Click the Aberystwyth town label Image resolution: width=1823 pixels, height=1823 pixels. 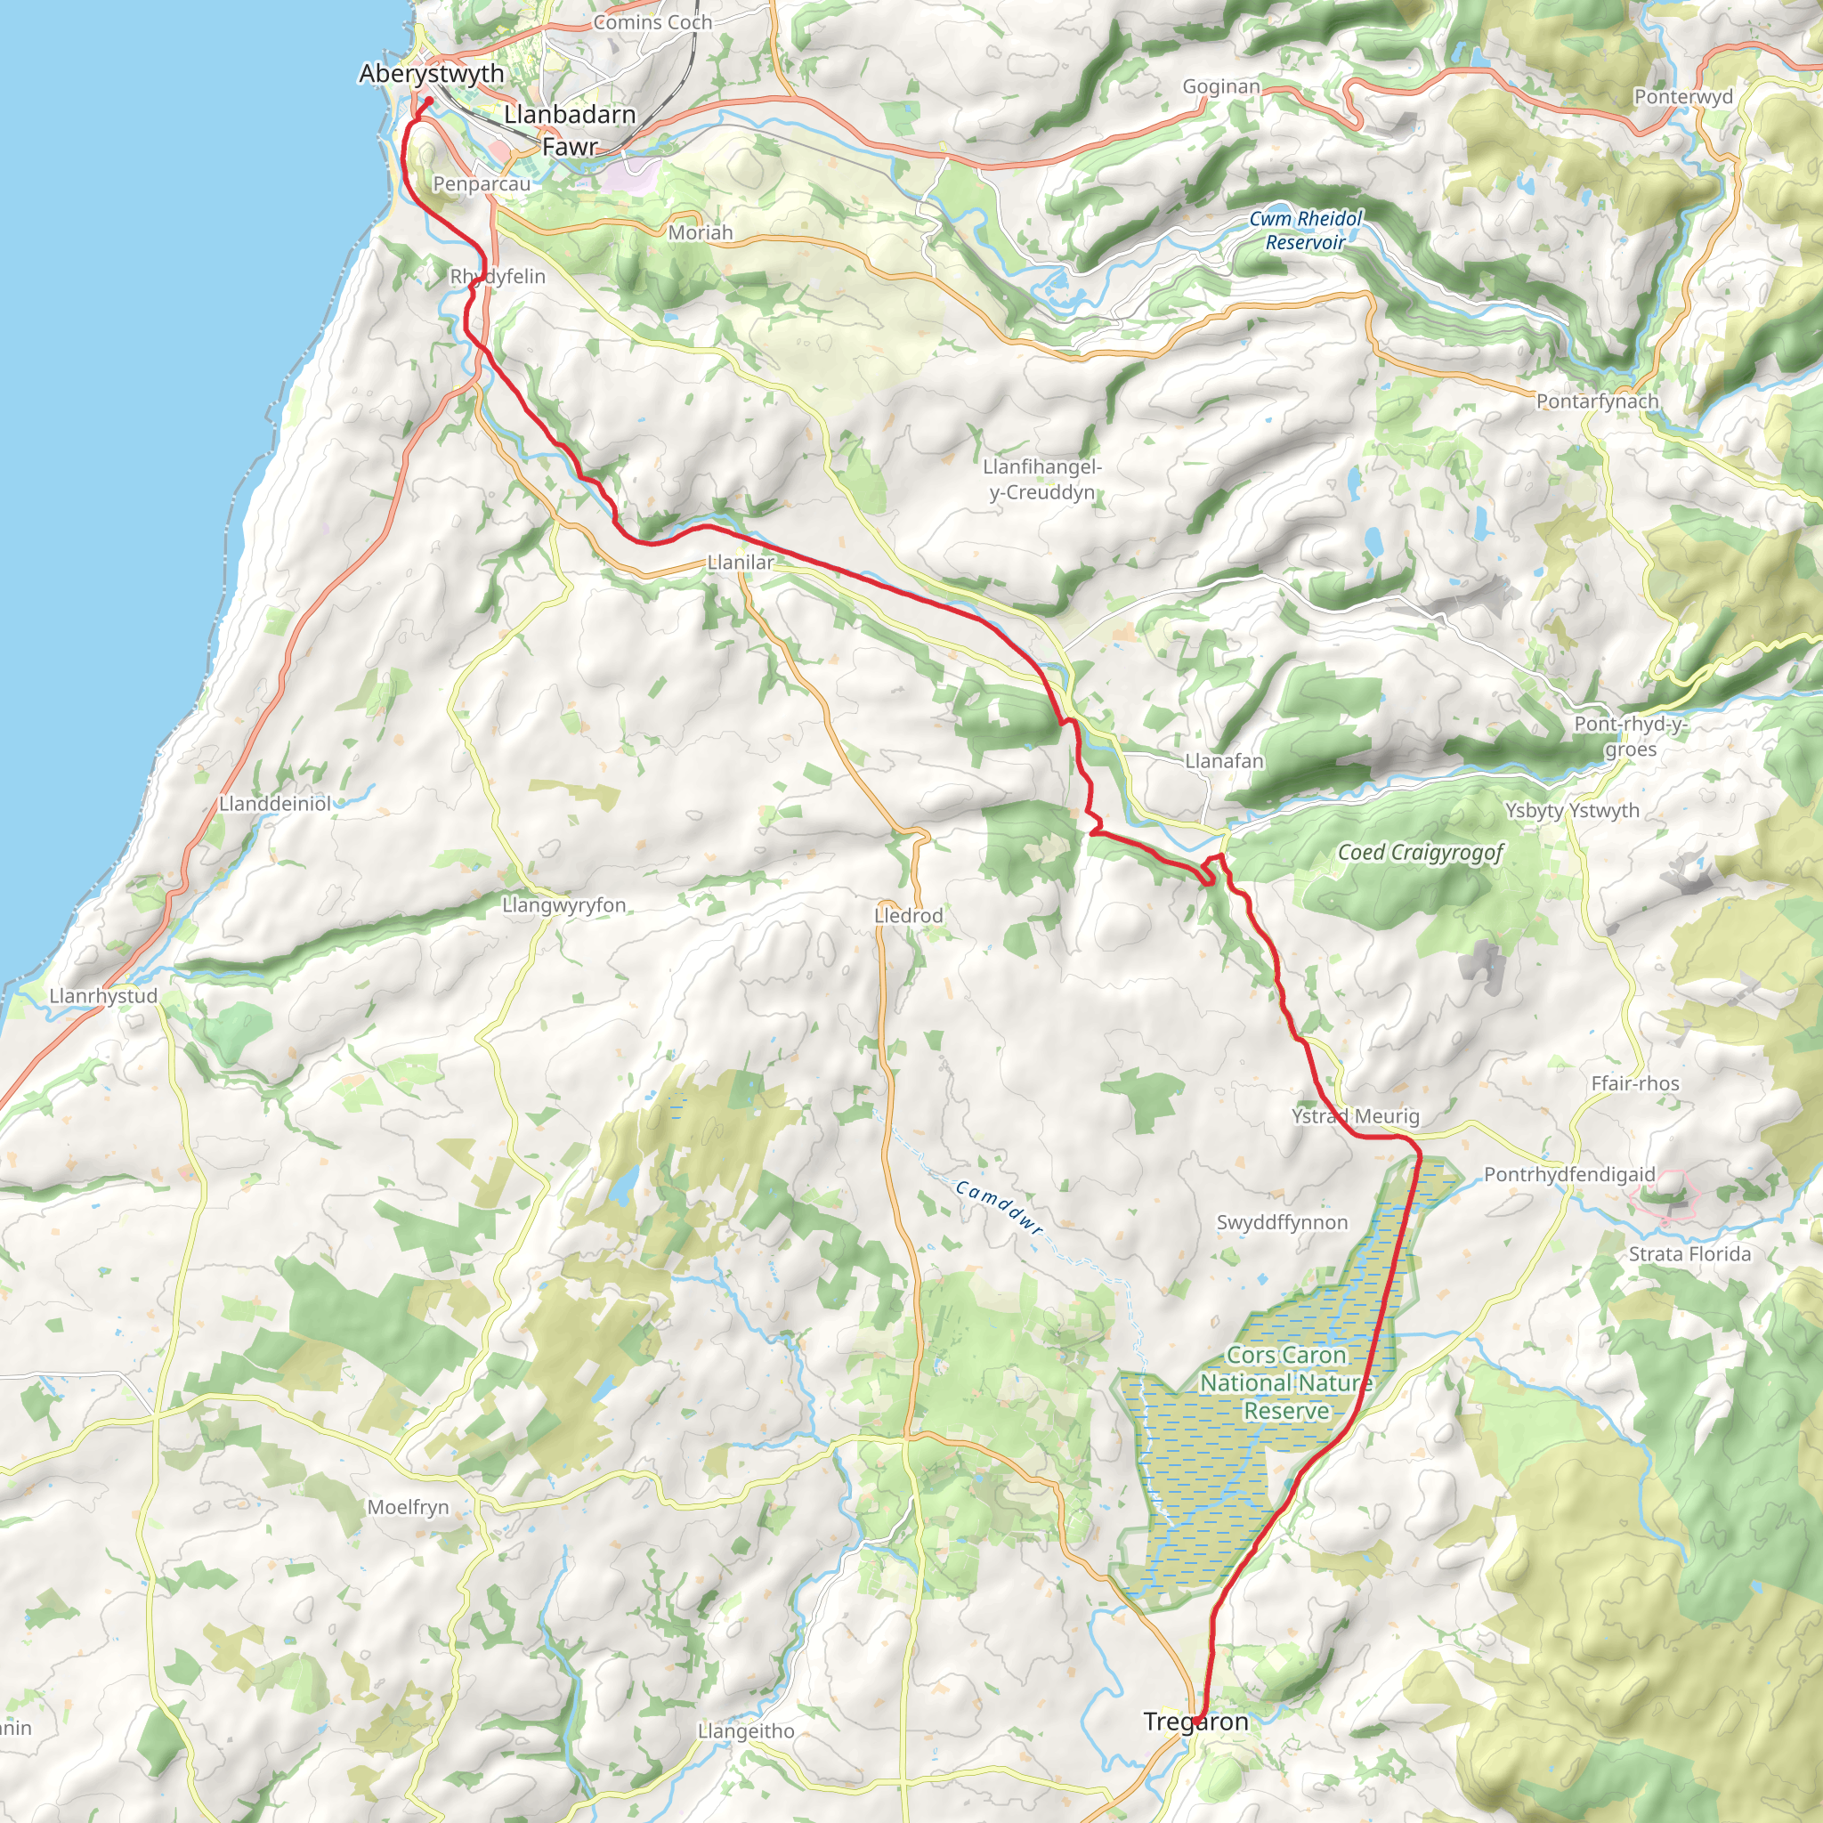coord(431,74)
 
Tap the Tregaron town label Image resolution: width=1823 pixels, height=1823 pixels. coord(1195,1722)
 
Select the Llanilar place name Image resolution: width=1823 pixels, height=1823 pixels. coord(741,563)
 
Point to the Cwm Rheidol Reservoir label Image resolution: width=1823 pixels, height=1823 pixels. coord(1306,231)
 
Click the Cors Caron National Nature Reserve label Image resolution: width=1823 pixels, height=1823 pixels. coord(1286,1383)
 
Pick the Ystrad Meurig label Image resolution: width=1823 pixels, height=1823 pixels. coord(1355,1116)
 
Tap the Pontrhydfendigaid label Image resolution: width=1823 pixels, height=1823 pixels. coord(1569,1175)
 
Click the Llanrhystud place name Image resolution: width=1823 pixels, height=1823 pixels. coord(104,996)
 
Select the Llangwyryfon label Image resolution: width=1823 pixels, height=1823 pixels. coord(564,906)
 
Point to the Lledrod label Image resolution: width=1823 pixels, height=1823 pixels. coord(908,916)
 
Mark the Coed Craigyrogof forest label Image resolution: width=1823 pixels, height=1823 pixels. coord(1421,853)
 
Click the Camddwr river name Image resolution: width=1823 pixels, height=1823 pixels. coord(1000,1208)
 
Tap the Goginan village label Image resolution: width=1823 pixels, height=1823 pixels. coord(1221,87)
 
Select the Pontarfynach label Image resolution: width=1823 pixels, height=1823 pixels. coord(1598,402)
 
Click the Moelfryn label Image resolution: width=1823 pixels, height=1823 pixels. coord(408,1507)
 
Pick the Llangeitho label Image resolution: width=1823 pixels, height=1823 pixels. coord(746,1731)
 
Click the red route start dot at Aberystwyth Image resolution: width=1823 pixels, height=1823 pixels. coord(429,100)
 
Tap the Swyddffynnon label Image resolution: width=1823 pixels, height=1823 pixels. coord(1283,1223)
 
